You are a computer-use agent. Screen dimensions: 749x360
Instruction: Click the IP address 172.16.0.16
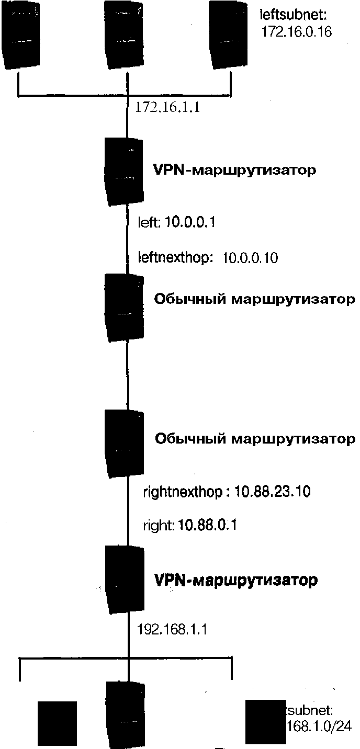[297, 32]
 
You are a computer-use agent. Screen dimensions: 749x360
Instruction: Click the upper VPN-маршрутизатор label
[234, 171]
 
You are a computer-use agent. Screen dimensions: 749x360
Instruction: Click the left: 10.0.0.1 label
[177, 223]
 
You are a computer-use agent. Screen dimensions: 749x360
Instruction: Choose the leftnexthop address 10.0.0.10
[250, 258]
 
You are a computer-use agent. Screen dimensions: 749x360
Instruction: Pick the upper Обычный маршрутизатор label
[254, 300]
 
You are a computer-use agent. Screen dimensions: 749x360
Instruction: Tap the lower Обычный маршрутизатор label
[255, 439]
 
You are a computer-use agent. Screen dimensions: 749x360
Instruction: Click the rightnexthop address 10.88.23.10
[273, 492]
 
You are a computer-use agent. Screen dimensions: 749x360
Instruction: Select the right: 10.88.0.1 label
[190, 525]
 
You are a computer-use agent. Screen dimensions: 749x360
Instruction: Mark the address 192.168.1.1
[172, 629]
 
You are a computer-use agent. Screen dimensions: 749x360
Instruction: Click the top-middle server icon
[124, 35]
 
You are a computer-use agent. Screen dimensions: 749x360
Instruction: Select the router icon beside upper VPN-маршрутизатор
[124, 171]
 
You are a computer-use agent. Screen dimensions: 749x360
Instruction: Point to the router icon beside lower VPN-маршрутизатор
[125, 580]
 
